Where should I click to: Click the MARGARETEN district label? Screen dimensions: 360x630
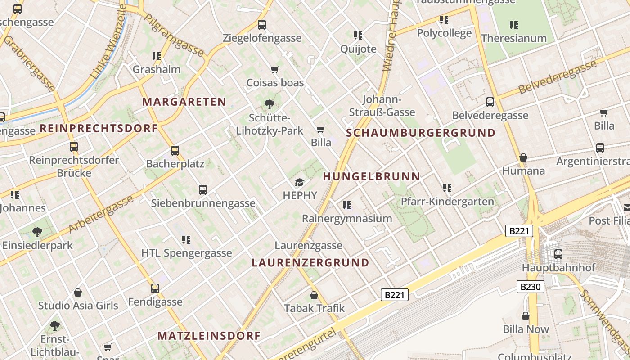click(x=184, y=102)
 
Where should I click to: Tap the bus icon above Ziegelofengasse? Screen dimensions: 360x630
click(x=262, y=25)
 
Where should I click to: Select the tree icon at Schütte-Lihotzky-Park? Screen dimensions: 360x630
click(x=270, y=104)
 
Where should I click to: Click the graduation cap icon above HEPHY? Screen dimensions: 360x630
click(x=300, y=182)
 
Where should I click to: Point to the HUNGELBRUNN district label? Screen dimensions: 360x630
click(x=372, y=176)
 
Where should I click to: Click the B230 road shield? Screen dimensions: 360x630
click(x=531, y=287)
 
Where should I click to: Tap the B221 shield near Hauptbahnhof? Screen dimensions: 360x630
click(x=519, y=231)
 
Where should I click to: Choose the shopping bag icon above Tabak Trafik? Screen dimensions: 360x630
click(x=314, y=295)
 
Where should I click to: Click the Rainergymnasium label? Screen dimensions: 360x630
click(x=347, y=219)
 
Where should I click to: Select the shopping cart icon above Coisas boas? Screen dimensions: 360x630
click(x=275, y=69)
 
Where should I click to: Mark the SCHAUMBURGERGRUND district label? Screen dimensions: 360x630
click(x=421, y=133)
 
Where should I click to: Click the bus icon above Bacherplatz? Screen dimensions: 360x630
click(x=175, y=150)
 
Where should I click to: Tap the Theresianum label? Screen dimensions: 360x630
click(x=514, y=38)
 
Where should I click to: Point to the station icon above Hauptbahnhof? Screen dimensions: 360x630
click(x=558, y=254)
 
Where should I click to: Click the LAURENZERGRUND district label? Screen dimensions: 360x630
click(x=310, y=262)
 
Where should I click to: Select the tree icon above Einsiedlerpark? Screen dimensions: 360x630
click(x=37, y=232)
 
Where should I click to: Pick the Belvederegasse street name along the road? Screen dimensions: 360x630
click(x=558, y=77)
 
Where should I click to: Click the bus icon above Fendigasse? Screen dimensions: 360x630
click(x=155, y=288)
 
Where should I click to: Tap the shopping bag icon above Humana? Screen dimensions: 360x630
click(x=523, y=157)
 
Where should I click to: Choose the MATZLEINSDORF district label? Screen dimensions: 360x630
click(x=209, y=336)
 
